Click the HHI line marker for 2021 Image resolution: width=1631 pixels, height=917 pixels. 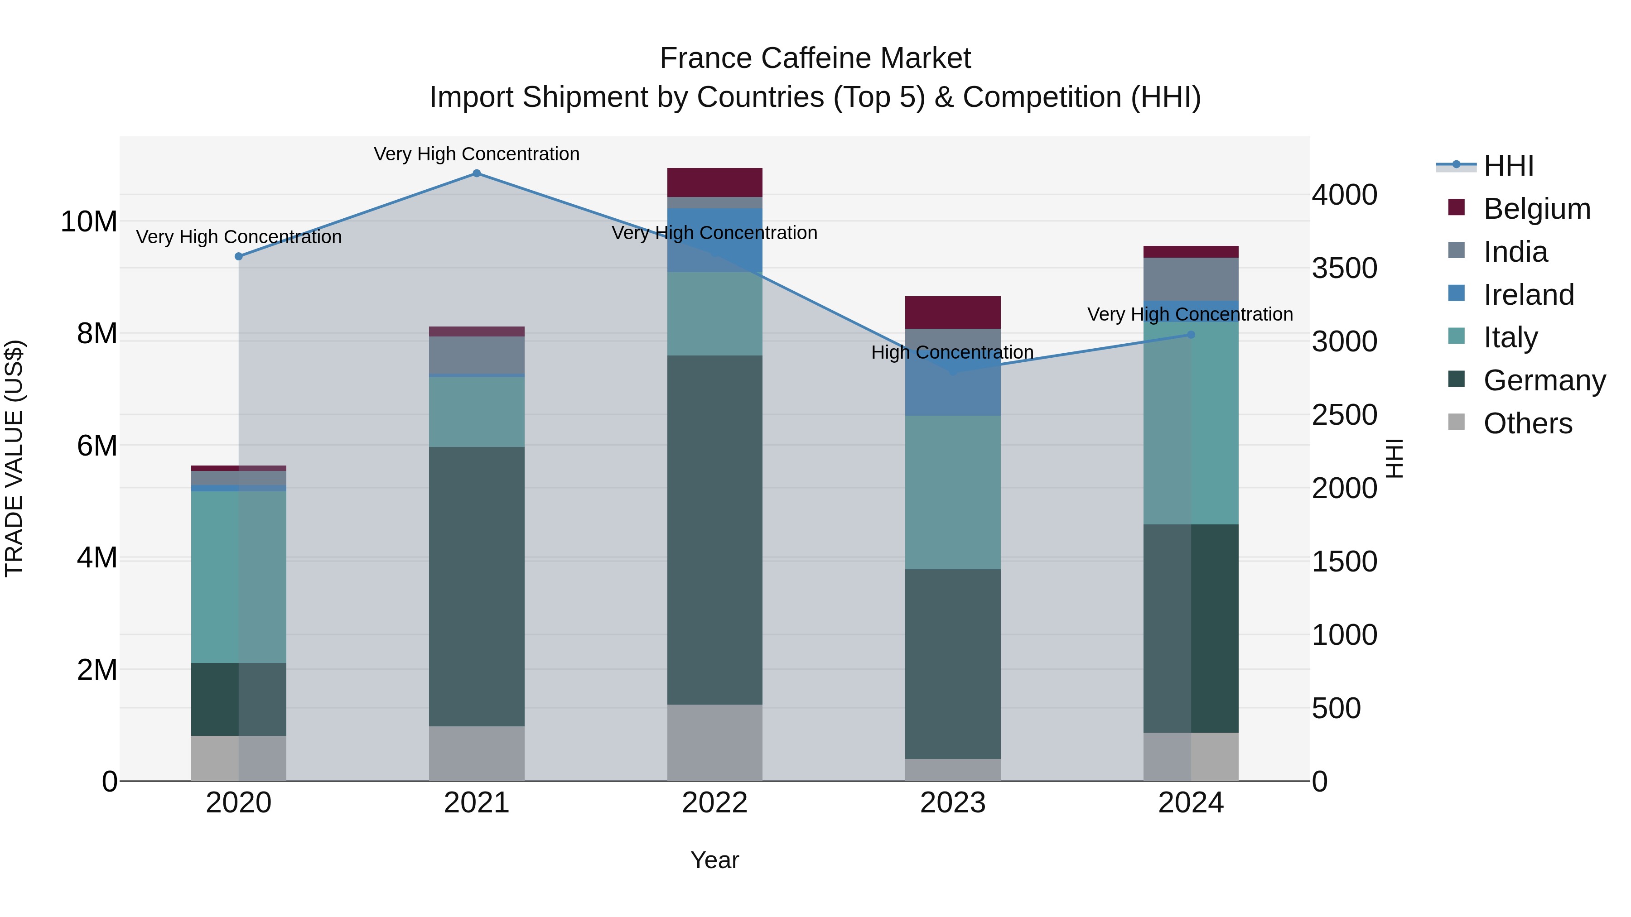(477, 173)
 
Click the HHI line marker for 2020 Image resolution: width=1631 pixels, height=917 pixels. (239, 256)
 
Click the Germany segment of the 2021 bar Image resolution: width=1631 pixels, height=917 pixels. (477, 586)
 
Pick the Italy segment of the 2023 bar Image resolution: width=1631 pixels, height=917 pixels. (952, 492)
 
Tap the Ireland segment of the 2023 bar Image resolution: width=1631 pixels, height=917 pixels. (952, 392)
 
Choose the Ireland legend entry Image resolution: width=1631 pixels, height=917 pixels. (1528, 295)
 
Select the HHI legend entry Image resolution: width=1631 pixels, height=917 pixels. (1508, 166)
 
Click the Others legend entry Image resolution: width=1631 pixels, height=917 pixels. (1527, 423)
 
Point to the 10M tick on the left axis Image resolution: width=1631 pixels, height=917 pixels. (89, 222)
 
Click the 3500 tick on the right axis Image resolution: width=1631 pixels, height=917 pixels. (1344, 269)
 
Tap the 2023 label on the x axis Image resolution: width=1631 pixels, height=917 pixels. (952, 803)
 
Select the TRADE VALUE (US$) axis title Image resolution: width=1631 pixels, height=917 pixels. (14, 458)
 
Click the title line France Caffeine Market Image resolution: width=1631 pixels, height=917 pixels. (815, 58)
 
